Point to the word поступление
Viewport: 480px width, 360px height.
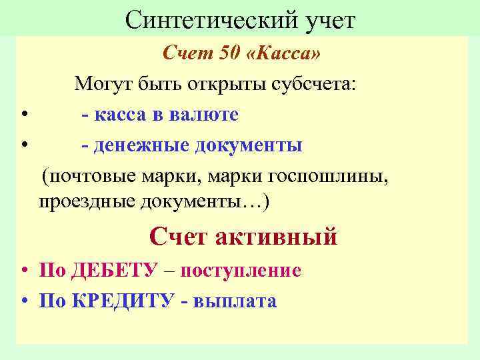241,271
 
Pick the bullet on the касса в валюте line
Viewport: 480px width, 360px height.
23,115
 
